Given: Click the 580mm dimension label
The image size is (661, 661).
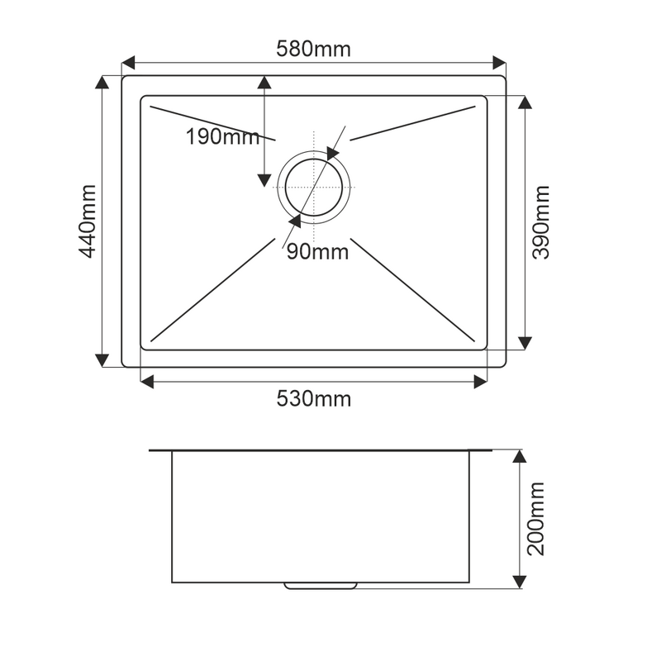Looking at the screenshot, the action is (x=313, y=49).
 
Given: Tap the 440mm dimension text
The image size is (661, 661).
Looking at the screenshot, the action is (x=88, y=221).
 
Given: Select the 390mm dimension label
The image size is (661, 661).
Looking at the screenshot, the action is (x=541, y=222).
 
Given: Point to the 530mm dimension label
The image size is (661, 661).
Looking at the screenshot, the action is (x=314, y=398).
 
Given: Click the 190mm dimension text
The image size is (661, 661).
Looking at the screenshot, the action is (x=222, y=136).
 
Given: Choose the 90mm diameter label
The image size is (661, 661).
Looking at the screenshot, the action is (x=317, y=252).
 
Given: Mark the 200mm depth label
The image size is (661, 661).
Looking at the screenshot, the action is (x=536, y=519).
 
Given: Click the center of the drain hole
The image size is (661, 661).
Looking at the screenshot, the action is (x=314, y=188).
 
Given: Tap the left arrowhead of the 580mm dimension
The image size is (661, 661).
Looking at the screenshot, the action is (x=128, y=63).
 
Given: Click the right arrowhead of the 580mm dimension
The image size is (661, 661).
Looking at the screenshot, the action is (x=500, y=63).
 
